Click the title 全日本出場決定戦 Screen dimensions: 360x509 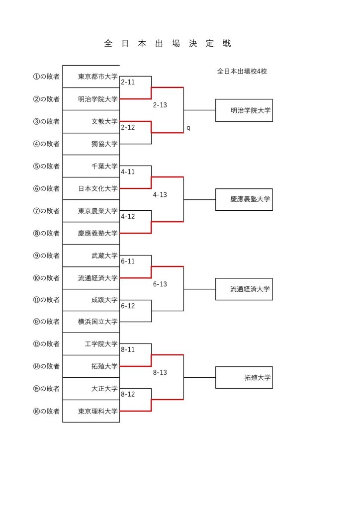pyautogui.click(x=168, y=44)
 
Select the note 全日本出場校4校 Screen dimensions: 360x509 pyautogui.click(x=242, y=72)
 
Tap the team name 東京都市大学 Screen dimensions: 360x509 pyautogui.click(x=98, y=77)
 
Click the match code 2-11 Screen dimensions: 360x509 pyautogui.click(x=128, y=82)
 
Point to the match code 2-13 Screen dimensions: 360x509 pyautogui.click(x=160, y=105)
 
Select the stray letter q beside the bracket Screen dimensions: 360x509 pyautogui.click(x=188, y=128)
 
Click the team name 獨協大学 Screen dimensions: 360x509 pyautogui.click(x=104, y=144)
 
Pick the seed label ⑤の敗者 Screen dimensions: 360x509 pyautogui.click(x=46, y=166)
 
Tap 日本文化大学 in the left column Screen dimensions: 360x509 pyautogui.click(x=98, y=188)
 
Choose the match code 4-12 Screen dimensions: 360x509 pyautogui.click(x=128, y=217)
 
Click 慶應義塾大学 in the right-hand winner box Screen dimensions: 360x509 pyautogui.click(x=250, y=199)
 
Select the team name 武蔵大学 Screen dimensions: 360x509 pyautogui.click(x=104, y=256)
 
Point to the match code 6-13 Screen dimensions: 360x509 pyautogui.click(x=160, y=284)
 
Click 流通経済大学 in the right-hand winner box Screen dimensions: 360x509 pyautogui.click(x=250, y=289)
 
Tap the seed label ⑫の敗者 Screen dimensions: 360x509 pyautogui.click(x=46, y=322)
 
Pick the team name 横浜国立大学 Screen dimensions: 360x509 pyautogui.click(x=98, y=322)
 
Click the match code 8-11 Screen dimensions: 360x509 pyautogui.click(x=128, y=349)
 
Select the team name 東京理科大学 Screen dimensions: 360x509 pyautogui.click(x=98, y=411)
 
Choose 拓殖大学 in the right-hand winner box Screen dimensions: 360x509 pyautogui.click(x=257, y=378)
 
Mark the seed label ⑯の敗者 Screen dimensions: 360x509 pyautogui.click(x=46, y=411)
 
